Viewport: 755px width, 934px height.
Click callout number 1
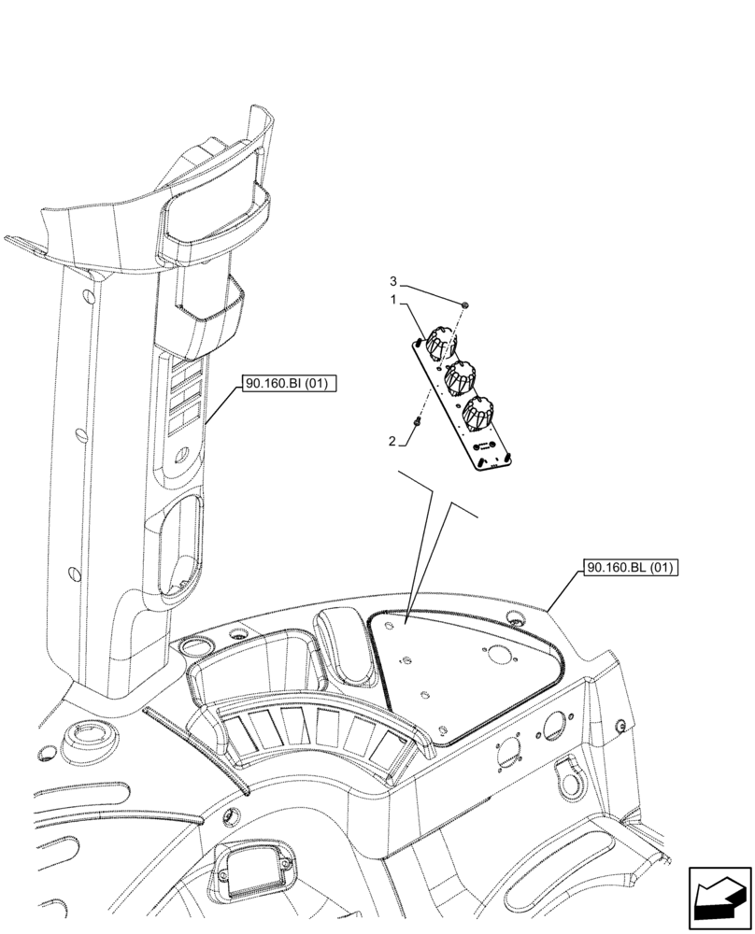[x=394, y=300]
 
